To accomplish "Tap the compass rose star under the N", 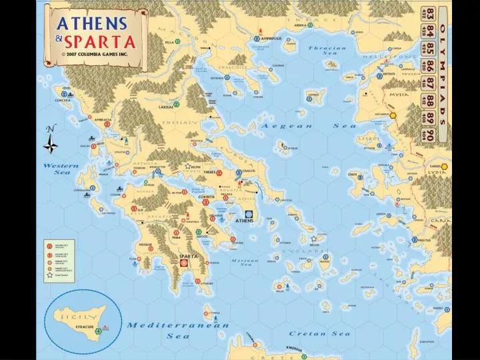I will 51,145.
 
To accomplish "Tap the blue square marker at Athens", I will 249,213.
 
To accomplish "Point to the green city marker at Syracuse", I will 99,331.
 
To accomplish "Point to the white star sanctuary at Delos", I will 313,239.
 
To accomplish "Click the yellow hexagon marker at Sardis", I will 444,166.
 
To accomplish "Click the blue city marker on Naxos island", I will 326,256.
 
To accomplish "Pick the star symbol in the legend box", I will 49,275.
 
